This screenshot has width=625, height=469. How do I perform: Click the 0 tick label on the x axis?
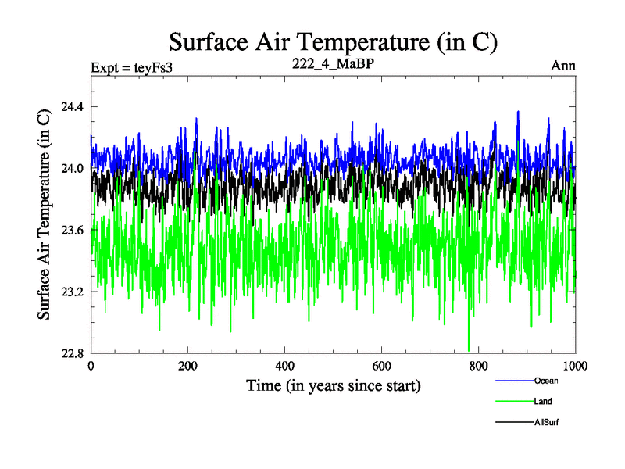91,366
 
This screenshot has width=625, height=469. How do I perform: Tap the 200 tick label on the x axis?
188,366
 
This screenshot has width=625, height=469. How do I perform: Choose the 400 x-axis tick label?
285,366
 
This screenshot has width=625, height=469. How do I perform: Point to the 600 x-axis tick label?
382,366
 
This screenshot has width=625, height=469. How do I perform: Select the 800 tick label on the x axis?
479,366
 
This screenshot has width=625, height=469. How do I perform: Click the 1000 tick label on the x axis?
575,366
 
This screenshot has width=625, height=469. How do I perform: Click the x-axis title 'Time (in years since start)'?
334,385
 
